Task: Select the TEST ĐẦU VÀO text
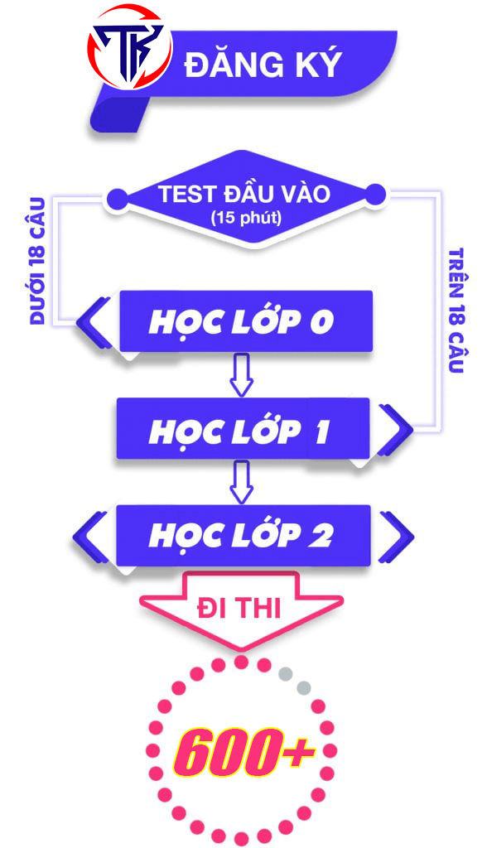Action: [244, 193]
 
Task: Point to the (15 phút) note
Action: [246, 218]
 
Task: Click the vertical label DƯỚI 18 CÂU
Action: [37, 261]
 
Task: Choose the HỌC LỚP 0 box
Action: [246, 321]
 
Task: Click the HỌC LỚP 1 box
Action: [243, 429]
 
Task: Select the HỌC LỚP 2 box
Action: [243, 536]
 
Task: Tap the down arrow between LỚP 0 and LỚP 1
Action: [241, 375]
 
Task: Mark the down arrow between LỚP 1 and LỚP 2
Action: [241, 482]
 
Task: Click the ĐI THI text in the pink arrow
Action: [239, 609]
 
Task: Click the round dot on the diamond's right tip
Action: [375, 194]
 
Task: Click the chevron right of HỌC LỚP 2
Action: [396, 536]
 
